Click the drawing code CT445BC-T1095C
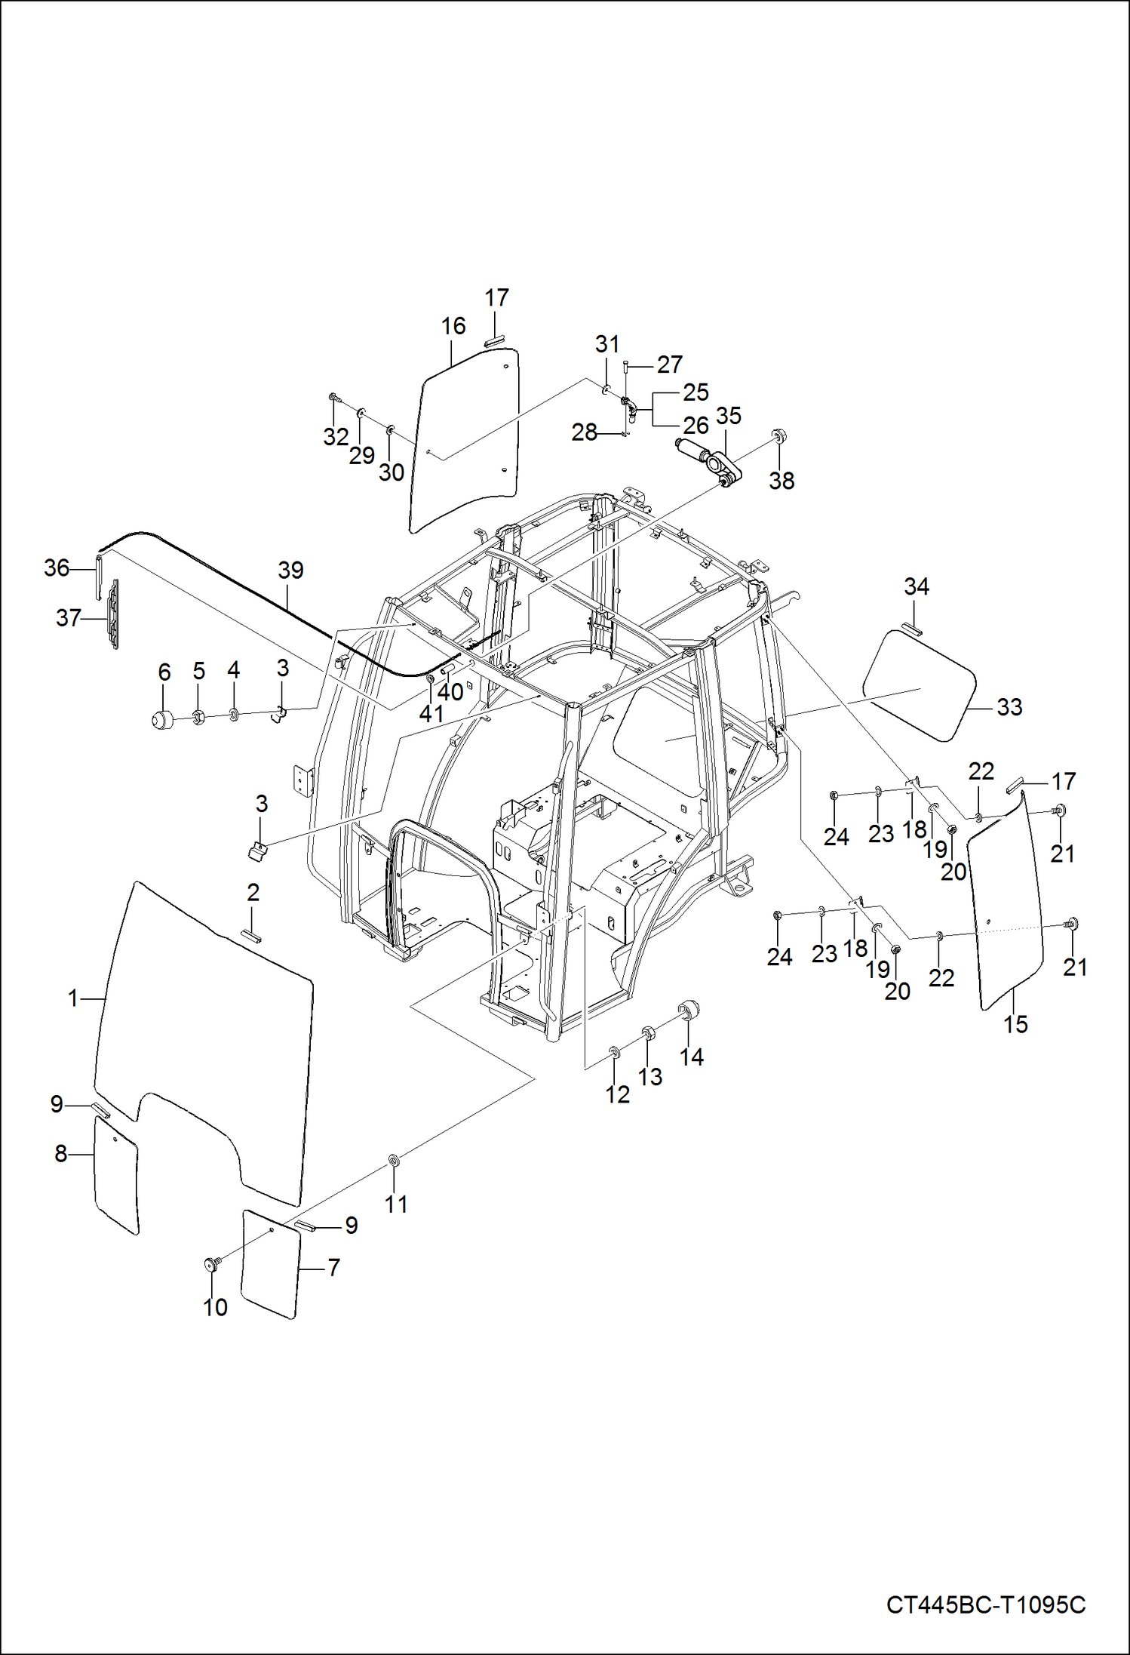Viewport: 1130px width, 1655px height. (x=986, y=1604)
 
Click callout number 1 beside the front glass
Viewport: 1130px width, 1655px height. (x=73, y=998)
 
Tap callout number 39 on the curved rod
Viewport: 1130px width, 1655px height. (x=290, y=570)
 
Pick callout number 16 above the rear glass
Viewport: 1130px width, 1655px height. (x=453, y=326)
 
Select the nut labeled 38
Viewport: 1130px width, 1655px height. (x=778, y=437)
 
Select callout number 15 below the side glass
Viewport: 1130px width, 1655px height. (x=1015, y=1024)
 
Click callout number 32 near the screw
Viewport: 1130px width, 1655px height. (x=336, y=436)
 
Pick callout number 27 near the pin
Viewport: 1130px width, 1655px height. (x=669, y=365)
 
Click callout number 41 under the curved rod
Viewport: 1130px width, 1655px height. (x=431, y=713)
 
